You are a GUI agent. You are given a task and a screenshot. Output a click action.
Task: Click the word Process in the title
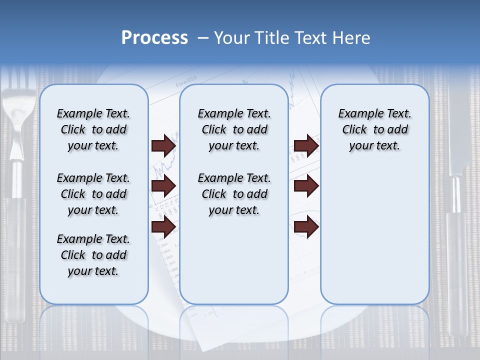pos(154,38)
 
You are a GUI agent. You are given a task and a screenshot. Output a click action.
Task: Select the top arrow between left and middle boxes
pos(163,146)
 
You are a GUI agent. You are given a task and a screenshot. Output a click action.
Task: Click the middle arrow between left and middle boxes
pos(163,186)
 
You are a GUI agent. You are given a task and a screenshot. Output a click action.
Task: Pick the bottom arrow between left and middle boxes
pos(163,226)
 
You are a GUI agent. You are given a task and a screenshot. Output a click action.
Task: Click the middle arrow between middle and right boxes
pos(306,186)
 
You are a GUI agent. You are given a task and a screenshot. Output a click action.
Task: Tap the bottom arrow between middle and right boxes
pos(306,226)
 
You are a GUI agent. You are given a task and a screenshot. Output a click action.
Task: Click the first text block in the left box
pos(93,130)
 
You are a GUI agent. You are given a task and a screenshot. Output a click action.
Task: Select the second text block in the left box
pos(93,194)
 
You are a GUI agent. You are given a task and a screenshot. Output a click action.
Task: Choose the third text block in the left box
pos(93,255)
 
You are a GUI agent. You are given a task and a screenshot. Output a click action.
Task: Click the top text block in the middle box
pos(234,130)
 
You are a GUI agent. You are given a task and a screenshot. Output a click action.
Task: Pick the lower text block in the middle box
pos(234,194)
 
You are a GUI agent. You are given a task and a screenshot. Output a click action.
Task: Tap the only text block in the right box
pos(374,130)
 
